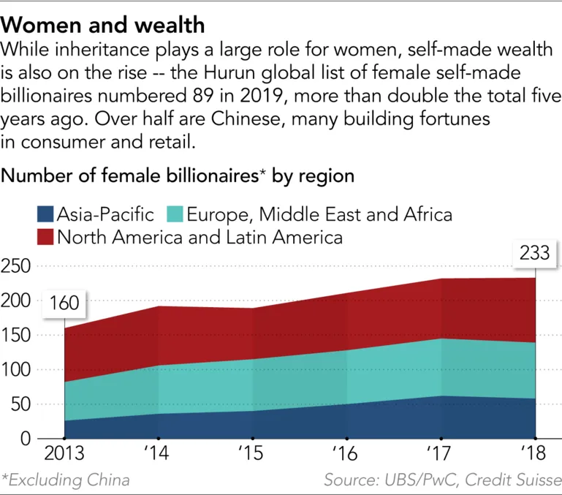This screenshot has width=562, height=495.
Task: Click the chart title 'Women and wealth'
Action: click(103, 25)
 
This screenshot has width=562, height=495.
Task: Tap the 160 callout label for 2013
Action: click(64, 302)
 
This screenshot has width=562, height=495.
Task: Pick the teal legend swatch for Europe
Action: click(174, 214)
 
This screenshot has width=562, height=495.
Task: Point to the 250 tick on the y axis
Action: click(15, 267)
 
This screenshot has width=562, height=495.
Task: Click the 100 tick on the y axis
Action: click(15, 370)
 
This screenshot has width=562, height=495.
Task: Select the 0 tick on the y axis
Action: click(26, 439)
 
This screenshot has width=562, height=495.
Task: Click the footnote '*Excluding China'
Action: click(66, 480)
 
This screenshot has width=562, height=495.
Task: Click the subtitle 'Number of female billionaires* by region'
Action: click(179, 176)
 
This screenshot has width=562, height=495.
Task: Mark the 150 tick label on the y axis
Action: click(15, 336)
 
